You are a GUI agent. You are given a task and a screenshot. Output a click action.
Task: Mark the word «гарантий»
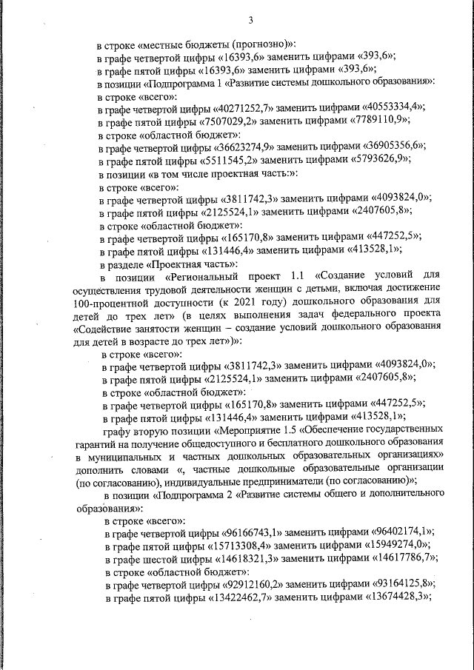96,442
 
